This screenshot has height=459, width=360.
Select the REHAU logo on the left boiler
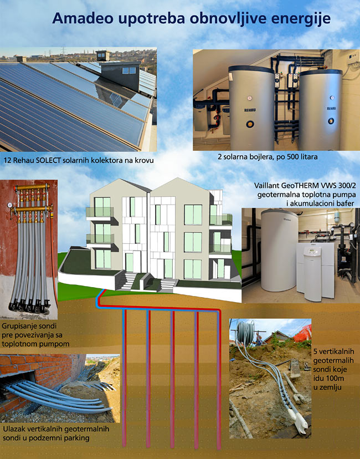click(249, 110)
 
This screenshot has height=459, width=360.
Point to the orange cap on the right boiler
click(331, 120)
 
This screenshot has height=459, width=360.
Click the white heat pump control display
click(312, 251)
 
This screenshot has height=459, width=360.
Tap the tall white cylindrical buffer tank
click(279, 250)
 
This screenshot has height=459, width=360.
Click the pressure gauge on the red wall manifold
click(10, 205)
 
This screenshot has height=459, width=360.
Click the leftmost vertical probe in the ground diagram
click(124, 378)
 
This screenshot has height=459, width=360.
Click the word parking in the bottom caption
click(77, 438)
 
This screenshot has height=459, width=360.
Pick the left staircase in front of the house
click(128, 281)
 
